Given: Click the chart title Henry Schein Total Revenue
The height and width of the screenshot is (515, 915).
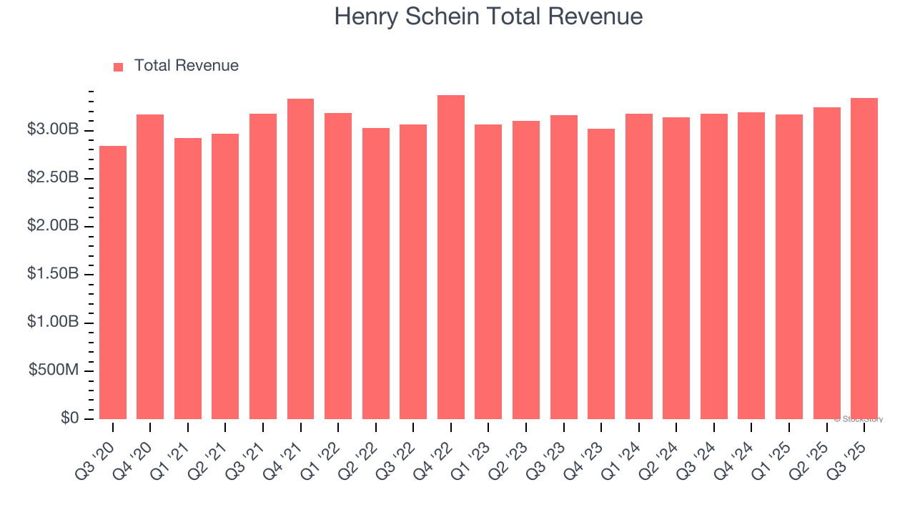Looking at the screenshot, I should [x=488, y=16].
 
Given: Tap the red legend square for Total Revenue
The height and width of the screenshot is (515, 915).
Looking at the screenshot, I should [x=119, y=67].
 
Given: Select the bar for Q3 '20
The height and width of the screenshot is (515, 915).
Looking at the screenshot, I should [x=113, y=283].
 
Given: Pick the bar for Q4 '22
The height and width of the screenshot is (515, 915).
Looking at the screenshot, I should [x=451, y=257].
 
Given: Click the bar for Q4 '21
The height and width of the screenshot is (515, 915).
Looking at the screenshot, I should [x=300, y=259].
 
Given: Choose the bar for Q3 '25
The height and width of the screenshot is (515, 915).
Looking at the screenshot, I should [x=864, y=259].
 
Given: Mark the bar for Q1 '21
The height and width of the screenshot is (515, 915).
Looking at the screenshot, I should [x=188, y=278].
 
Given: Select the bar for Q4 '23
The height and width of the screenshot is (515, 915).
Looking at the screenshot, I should [x=601, y=274].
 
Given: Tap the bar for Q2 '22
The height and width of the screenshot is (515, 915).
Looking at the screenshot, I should [x=376, y=273].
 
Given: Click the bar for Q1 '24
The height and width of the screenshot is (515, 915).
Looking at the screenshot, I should [x=639, y=266].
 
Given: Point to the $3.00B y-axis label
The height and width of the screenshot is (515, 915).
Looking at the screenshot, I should [x=53, y=129].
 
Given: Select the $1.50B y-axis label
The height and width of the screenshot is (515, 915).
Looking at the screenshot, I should [x=53, y=274].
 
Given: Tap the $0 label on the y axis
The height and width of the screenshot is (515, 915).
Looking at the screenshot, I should [x=69, y=418].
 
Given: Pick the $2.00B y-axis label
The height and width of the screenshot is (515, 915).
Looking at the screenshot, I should [x=53, y=226].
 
